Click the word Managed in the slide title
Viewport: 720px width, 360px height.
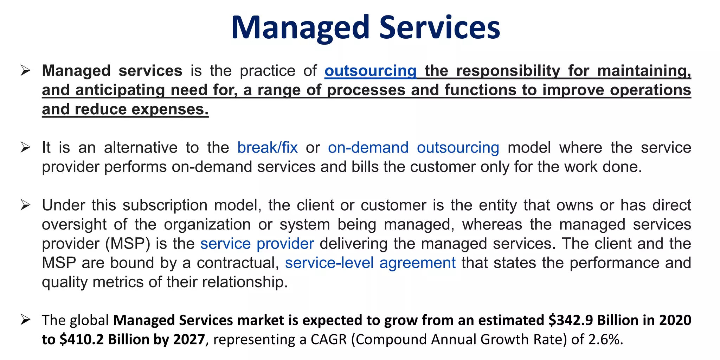click(300, 28)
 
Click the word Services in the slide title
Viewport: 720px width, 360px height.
click(439, 28)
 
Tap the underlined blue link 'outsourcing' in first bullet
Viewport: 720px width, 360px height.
click(370, 71)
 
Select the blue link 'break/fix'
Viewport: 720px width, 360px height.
click(267, 148)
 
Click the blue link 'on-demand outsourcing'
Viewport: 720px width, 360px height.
click(413, 148)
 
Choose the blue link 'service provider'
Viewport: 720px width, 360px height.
click(257, 244)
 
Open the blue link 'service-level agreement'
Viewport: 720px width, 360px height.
click(370, 263)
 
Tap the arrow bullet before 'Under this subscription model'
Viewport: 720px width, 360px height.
click(25, 205)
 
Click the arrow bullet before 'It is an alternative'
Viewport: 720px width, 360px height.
click(25, 147)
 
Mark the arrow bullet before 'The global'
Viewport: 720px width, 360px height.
click(25, 320)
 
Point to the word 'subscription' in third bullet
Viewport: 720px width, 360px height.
click(165, 205)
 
